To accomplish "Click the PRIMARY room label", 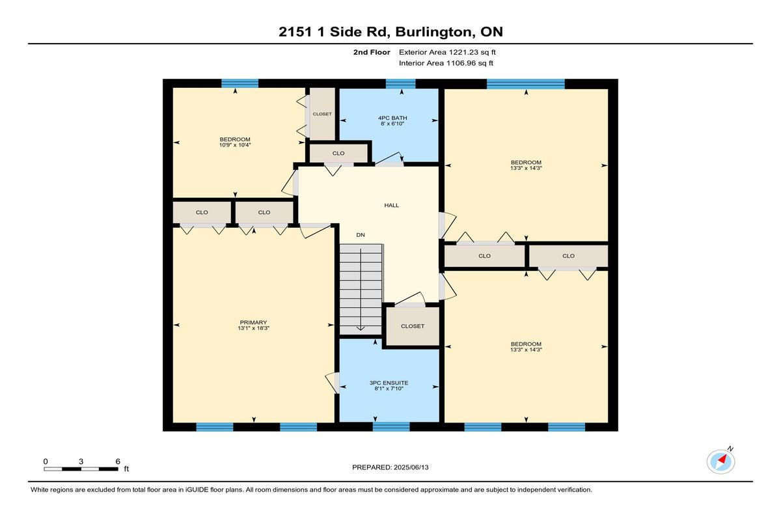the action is coord(253,322).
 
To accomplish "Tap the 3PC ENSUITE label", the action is coord(389,383).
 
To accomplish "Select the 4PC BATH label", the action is coord(392,118).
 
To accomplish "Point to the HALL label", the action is coord(392,205).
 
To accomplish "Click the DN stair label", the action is coord(361,235).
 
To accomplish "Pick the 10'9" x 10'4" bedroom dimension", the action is coord(235,145).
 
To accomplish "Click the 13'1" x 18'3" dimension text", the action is coord(253,328).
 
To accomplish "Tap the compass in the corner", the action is coord(720,462).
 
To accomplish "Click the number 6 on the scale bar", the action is coord(118,462).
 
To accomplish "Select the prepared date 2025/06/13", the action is coord(411,467).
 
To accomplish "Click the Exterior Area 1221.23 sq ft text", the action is coord(447,52).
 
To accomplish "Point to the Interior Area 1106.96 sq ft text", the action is coord(446,63).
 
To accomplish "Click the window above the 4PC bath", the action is coord(401,84).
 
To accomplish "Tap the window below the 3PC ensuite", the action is coord(391,427).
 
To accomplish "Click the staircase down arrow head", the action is coord(361,329).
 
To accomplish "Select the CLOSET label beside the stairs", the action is coord(413,326).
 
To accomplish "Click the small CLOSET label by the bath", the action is coord(322,114).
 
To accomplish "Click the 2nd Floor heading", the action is coord(372,52).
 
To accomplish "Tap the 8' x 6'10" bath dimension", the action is coord(392,124).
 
